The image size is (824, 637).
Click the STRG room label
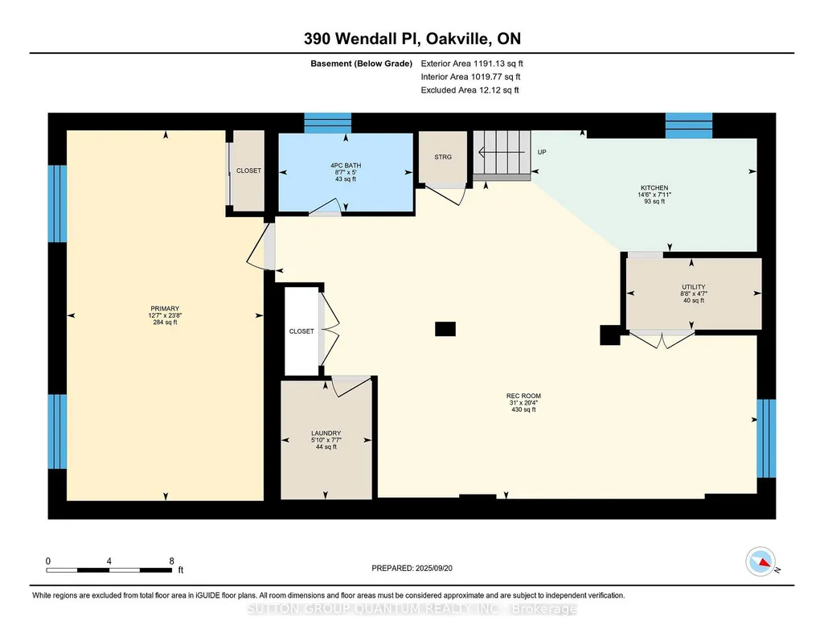443,157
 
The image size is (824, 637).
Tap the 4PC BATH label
346,166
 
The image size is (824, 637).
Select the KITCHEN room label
654,187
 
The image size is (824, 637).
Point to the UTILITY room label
694,287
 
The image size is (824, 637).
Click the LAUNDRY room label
326,433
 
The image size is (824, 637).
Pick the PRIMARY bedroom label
165,309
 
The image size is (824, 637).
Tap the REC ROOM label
523,396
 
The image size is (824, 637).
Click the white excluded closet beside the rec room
301,331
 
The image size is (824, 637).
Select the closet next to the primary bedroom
248,171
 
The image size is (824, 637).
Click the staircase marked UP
502,155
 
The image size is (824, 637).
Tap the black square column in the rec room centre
445,329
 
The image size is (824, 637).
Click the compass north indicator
761,562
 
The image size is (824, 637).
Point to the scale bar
109,570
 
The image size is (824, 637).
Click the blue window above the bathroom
327,123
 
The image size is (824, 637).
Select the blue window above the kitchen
689,125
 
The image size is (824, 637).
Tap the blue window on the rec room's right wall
766,438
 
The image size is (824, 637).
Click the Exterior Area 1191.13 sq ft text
472,64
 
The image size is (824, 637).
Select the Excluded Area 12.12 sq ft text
469,90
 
